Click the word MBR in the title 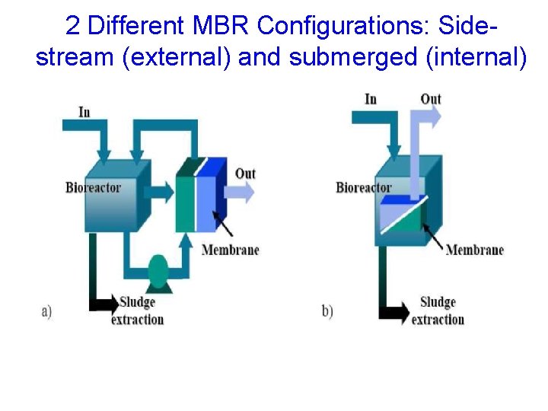coord(223,26)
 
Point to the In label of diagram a coord(84,113)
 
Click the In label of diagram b coord(371,99)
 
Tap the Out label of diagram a coord(245,174)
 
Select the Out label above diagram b coord(431,99)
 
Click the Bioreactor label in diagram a coord(93,187)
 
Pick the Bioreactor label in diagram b coord(364,187)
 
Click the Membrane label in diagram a coord(230,250)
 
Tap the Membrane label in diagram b coord(474,250)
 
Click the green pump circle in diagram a coord(158,270)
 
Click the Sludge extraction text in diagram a coord(138,311)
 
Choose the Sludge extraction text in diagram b coord(438,311)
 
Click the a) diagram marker coord(46,311)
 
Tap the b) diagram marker coord(327,312)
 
